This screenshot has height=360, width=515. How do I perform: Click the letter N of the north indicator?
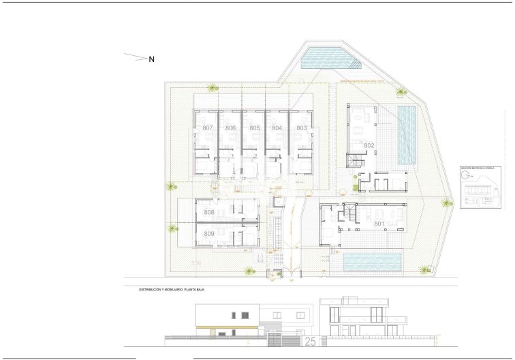(152, 59)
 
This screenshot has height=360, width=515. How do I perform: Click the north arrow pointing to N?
(136, 57)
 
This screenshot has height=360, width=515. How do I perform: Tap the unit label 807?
(208, 128)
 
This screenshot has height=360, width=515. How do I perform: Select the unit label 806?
(231, 128)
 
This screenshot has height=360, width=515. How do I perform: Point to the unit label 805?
(254, 128)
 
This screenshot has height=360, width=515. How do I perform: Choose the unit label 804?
(277, 128)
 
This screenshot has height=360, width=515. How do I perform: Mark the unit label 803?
(301, 128)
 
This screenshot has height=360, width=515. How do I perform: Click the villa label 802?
(369, 145)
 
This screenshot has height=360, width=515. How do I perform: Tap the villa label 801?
(379, 223)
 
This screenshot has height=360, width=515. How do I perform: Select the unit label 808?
(208, 213)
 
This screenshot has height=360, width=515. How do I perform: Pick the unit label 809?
(208, 234)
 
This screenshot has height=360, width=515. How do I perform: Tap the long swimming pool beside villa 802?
(407, 134)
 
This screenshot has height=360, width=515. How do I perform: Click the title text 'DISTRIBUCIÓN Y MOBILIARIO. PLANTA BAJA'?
(172, 290)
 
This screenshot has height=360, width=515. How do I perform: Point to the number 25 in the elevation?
(310, 340)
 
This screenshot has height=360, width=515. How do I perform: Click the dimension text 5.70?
(197, 262)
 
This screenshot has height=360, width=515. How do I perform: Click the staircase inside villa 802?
(354, 162)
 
